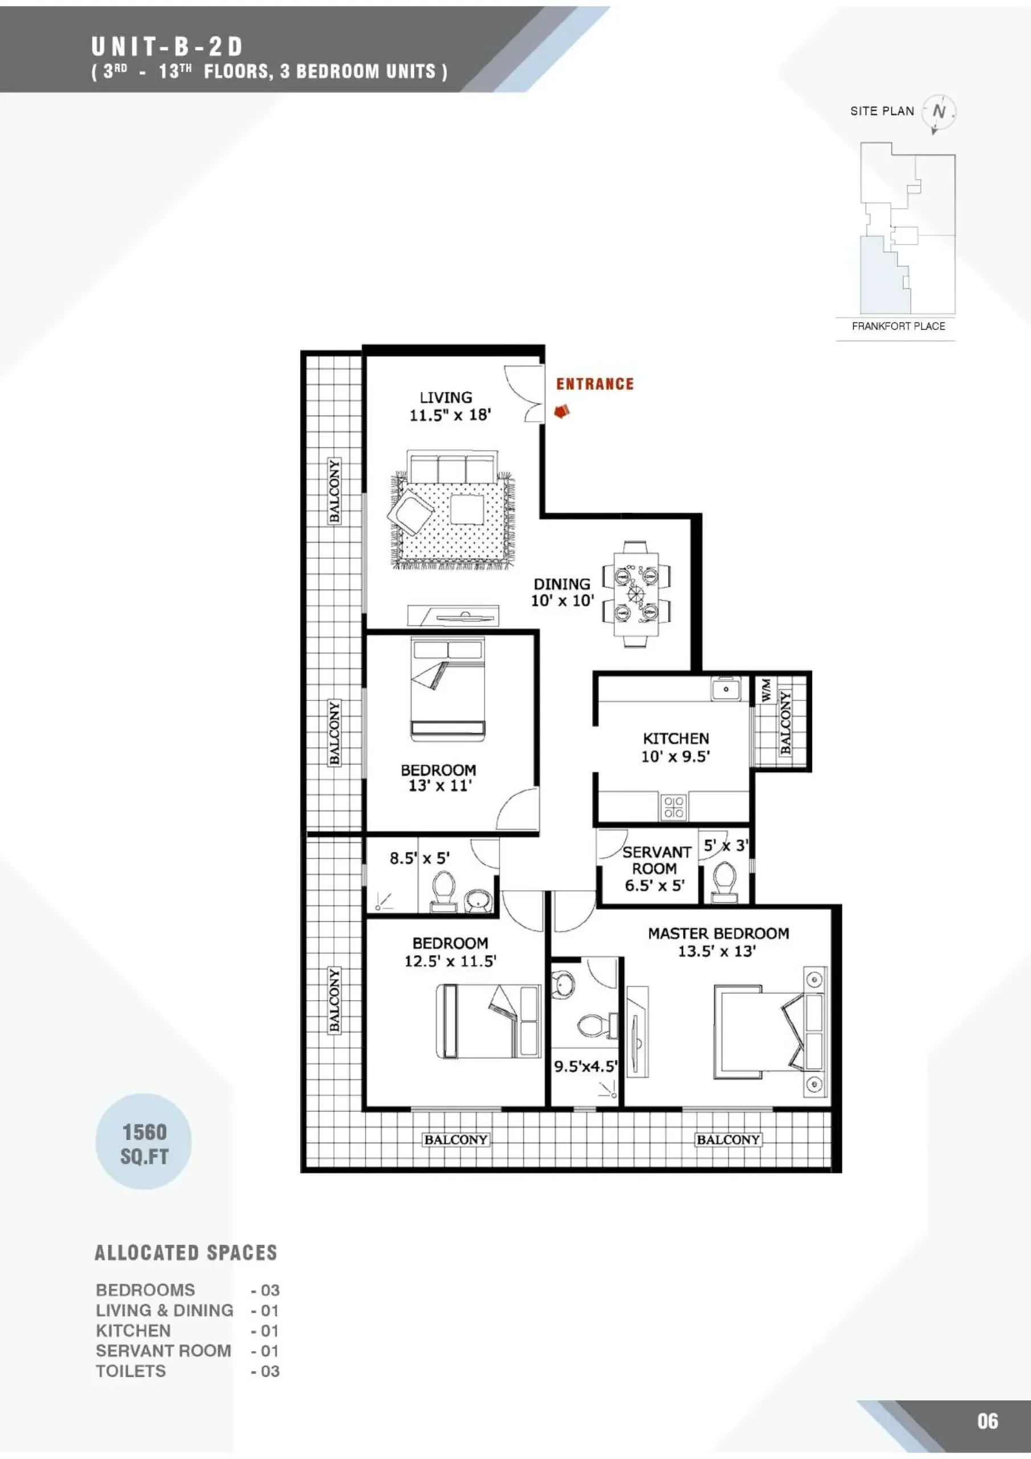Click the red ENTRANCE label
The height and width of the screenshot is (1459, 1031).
tap(595, 384)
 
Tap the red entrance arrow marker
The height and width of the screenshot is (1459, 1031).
tap(561, 412)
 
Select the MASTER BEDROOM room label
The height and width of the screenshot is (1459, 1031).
tap(718, 934)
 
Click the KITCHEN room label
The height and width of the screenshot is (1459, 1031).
tap(676, 739)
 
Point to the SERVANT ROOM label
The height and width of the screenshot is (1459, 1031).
tap(656, 861)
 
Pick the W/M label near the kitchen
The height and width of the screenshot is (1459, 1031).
tap(766, 690)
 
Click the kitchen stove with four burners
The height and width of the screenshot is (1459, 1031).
tap(673, 807)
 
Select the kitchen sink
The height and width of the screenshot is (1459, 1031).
tap(726, 689)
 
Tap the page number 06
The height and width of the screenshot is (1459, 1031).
tap(987, 1421)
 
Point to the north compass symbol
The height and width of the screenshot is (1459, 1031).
tap(939, 112)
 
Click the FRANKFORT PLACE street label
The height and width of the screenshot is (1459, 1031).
tap(898, 326)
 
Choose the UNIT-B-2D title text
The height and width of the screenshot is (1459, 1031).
tap(167, 46)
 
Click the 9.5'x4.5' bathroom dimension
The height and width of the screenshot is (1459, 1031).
tap(585, 1066)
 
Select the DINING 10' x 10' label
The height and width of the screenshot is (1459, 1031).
tap(563, 592)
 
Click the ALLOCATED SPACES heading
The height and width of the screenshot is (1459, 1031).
tap(186, 1253)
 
